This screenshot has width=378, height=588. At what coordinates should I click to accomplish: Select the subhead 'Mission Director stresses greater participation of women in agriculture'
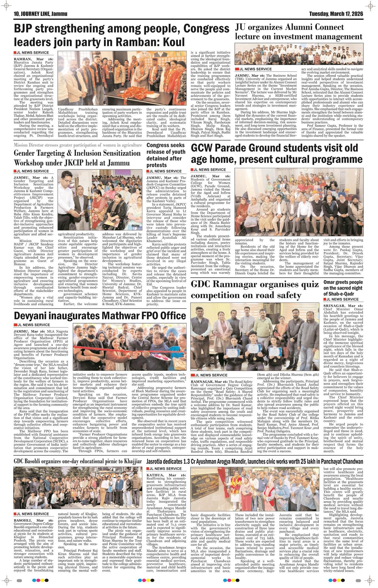[x=77, y=145]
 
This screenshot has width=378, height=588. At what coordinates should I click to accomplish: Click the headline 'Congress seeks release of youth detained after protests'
[x=166, y=155]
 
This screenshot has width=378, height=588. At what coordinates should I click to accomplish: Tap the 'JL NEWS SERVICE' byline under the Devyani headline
[x=33, y=325]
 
